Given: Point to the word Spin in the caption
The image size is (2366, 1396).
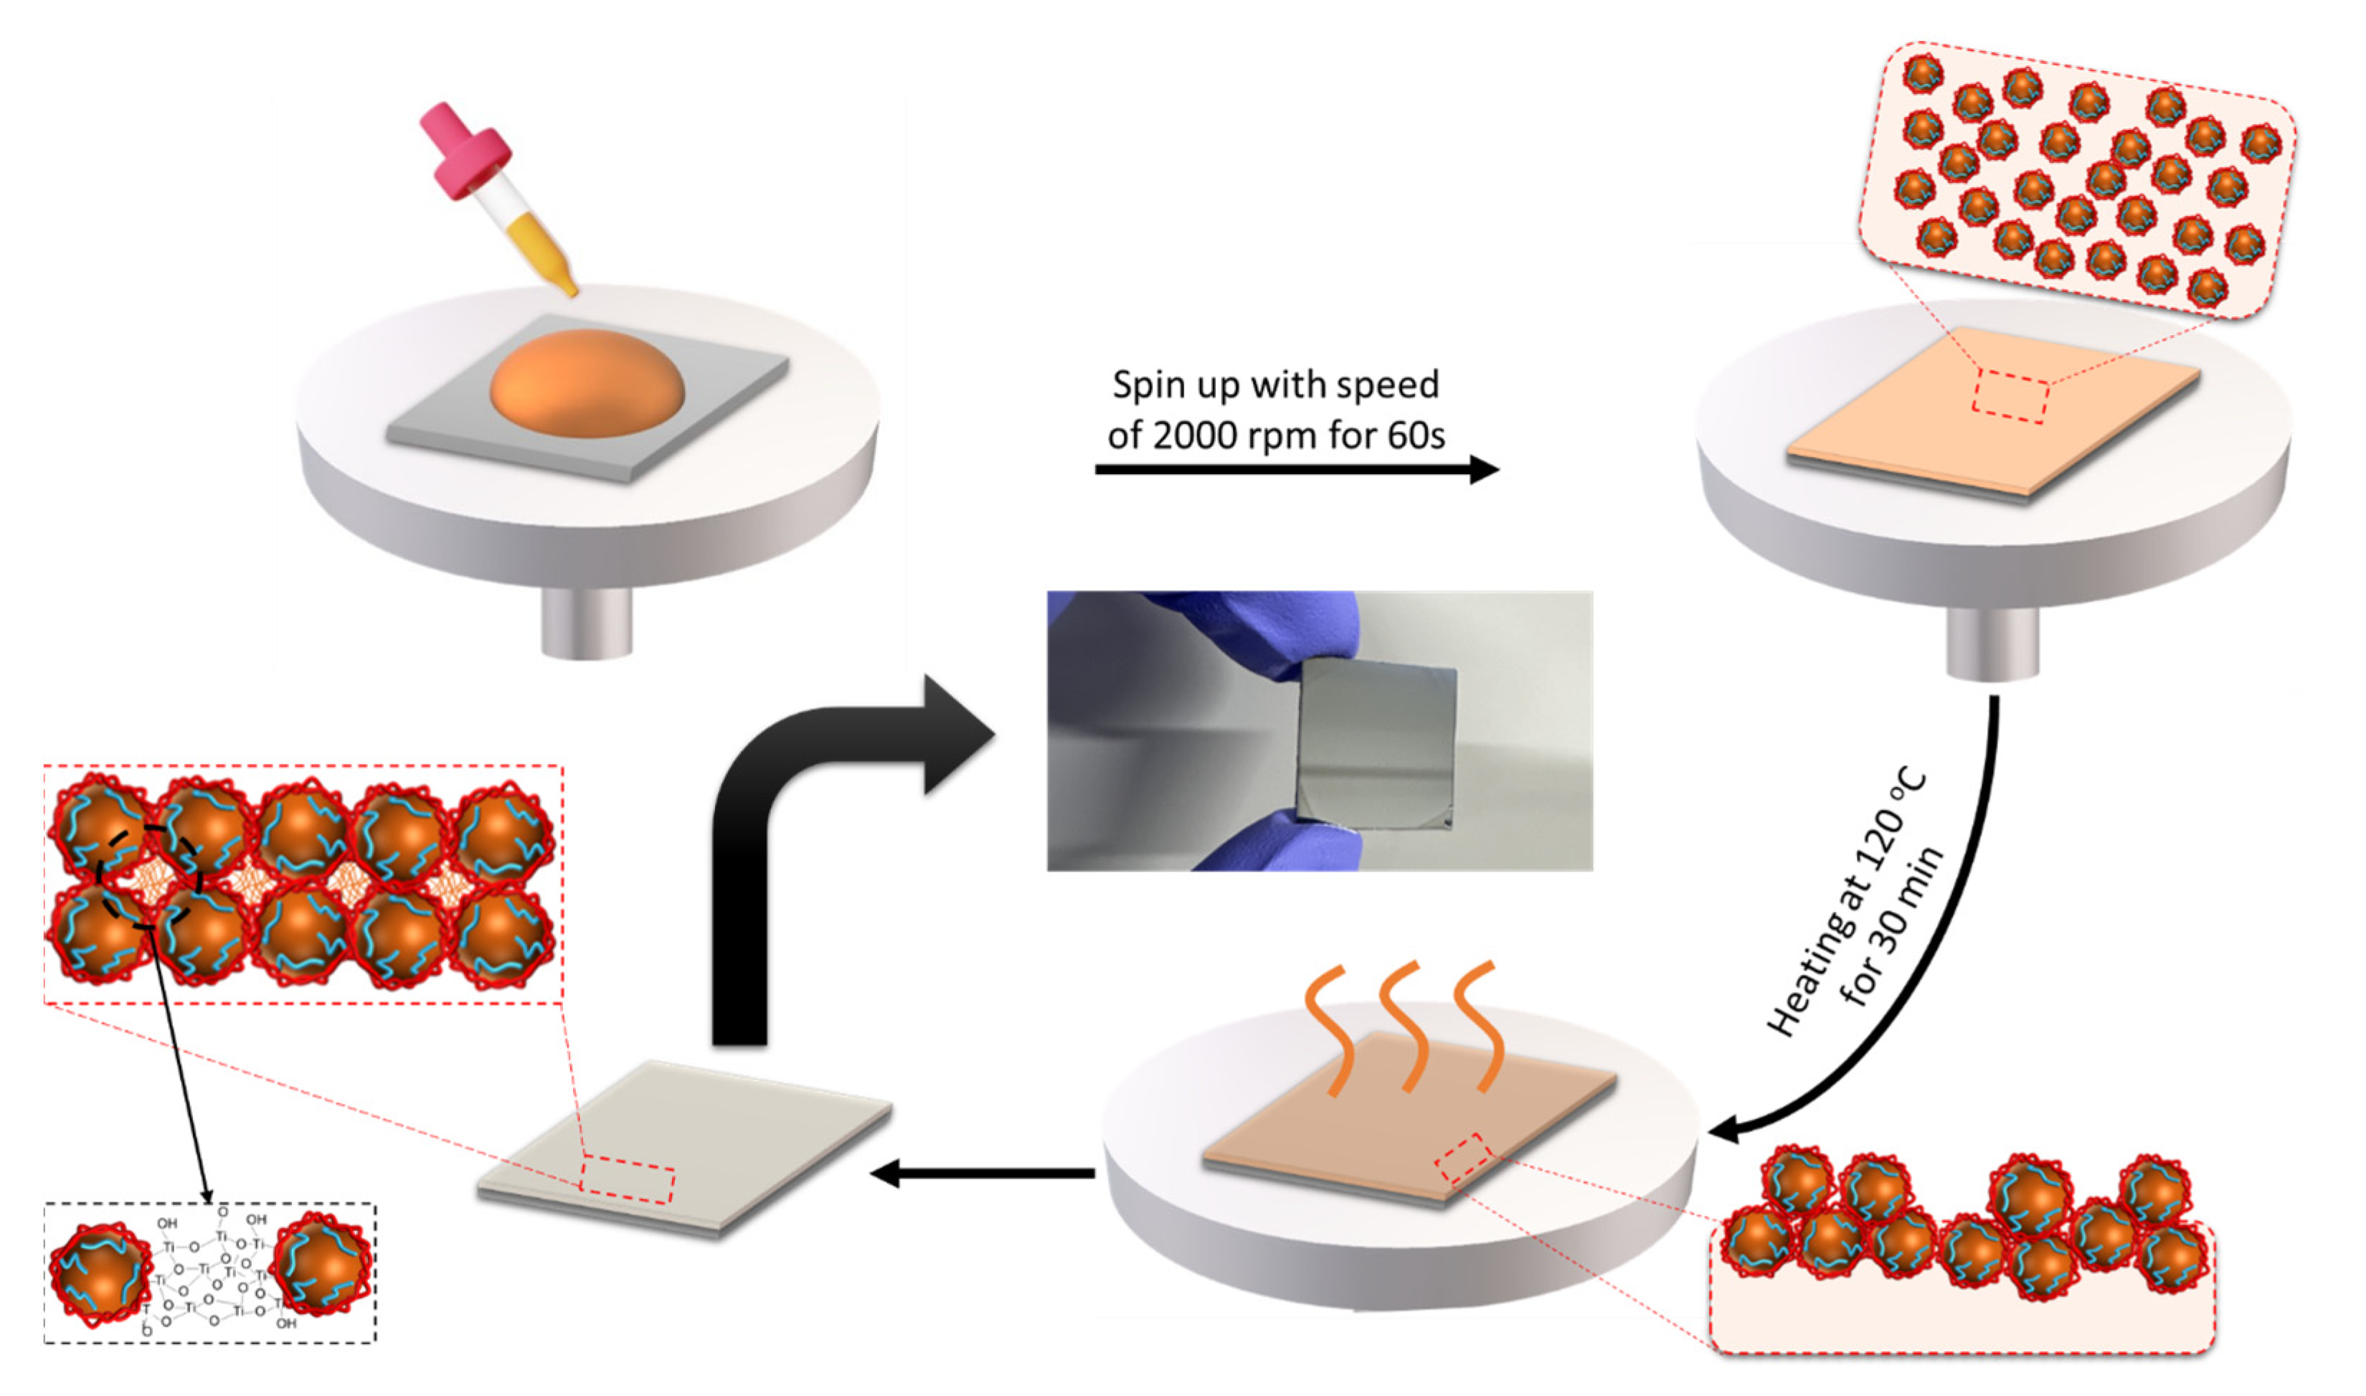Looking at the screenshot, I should (1145, 385).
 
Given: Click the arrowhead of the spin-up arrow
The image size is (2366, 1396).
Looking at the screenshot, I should (1483, 468).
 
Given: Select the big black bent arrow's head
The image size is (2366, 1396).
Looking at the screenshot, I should (955, 734).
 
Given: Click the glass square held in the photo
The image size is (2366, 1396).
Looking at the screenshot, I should (1376, 743).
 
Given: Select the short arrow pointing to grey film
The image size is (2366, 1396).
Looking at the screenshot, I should (978, 1173).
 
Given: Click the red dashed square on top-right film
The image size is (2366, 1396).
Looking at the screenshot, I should (2010, 396).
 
